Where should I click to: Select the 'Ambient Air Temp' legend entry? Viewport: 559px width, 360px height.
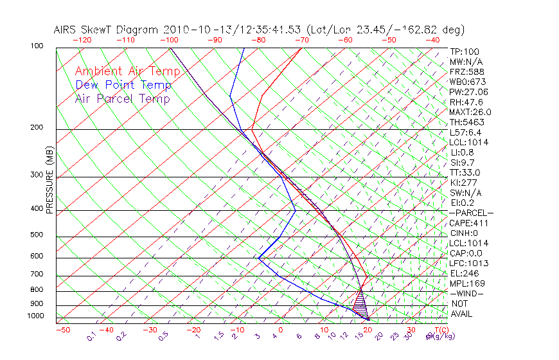123,71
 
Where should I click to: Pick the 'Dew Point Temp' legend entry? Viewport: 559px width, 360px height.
123,85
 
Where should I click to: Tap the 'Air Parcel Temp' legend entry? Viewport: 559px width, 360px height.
122,98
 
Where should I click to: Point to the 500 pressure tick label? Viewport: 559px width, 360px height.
36,235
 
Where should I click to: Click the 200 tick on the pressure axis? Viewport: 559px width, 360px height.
36,128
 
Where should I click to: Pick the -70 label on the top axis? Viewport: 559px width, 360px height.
301,40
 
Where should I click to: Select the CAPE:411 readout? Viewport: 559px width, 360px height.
468,223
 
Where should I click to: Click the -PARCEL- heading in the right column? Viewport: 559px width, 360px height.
471,213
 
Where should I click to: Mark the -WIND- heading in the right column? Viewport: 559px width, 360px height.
467,293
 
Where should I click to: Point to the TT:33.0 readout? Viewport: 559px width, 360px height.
465,172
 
